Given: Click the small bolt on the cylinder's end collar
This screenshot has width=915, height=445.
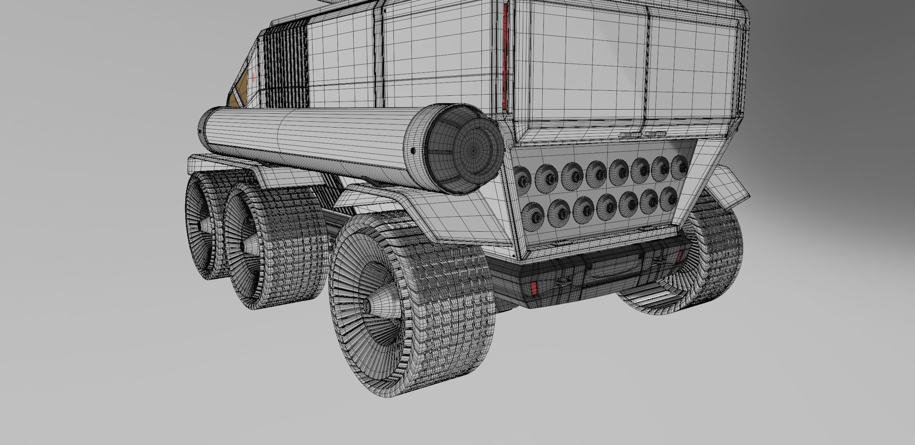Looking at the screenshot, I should pyautogui.click(x=413, y=151).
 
